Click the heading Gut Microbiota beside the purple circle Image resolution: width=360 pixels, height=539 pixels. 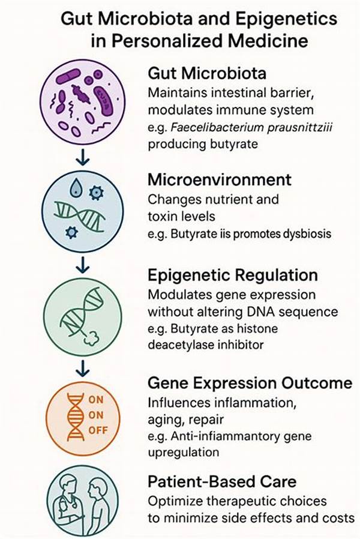click(x=207, y=73)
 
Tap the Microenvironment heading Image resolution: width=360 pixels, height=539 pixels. click(x=220, y=180)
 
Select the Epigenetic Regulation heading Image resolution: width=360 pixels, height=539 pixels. click(x=233, y=276)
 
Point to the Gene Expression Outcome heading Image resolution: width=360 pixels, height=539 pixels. click(x=250, y=383)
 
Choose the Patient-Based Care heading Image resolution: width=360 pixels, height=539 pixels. click(x=222, y=481)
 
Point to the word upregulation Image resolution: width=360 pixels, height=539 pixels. click(x=184, y=453)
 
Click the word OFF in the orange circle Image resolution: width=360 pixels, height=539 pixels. click(x=98, y=430)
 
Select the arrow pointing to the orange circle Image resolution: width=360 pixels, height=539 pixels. click(x=83, y=368)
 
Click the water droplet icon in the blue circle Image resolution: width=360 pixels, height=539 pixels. click(x=76, y=188)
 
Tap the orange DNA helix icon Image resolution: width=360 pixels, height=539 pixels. click(x=76, y=417)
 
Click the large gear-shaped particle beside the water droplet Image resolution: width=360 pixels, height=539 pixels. click(x=96, y=193)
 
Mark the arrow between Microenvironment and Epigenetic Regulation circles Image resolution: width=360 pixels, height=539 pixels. click(x=83, y=264)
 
